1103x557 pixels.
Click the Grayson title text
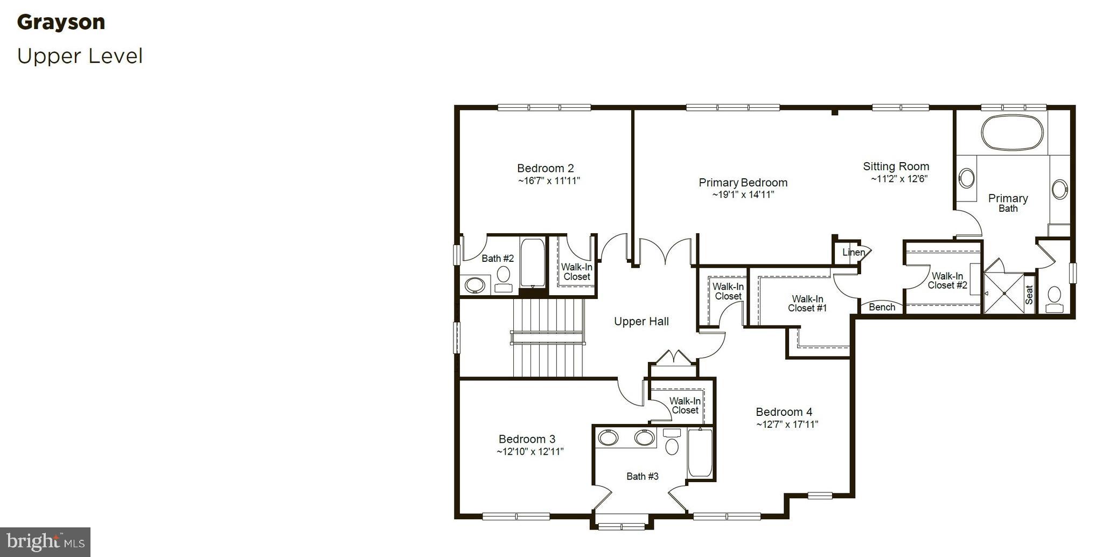[x=61, y=22]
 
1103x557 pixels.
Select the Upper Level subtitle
[x=80, y=56]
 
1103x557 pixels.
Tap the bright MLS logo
[x=45, y=541]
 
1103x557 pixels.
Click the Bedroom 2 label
[x=545, y=168]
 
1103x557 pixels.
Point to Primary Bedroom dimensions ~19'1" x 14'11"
[x=743, y=194]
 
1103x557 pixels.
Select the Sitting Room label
[x=896, y=166]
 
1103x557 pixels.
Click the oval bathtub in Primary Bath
[x=1012, y=133]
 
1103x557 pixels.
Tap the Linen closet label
[x=853, y=252]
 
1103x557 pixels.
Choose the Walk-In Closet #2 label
[x=947, y=281]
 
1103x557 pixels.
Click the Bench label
[x=882, y=307]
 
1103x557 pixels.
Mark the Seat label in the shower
[x=1029, y=295]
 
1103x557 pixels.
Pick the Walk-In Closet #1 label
[x=807, y=303]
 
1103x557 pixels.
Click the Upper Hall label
[x=641, y=322]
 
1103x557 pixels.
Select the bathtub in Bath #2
[x=533, y=263]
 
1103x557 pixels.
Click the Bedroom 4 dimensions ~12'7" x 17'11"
[x=787, y=424]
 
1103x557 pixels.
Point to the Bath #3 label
[x=642, y=476]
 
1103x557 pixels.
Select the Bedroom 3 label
[x=526, y=439]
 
